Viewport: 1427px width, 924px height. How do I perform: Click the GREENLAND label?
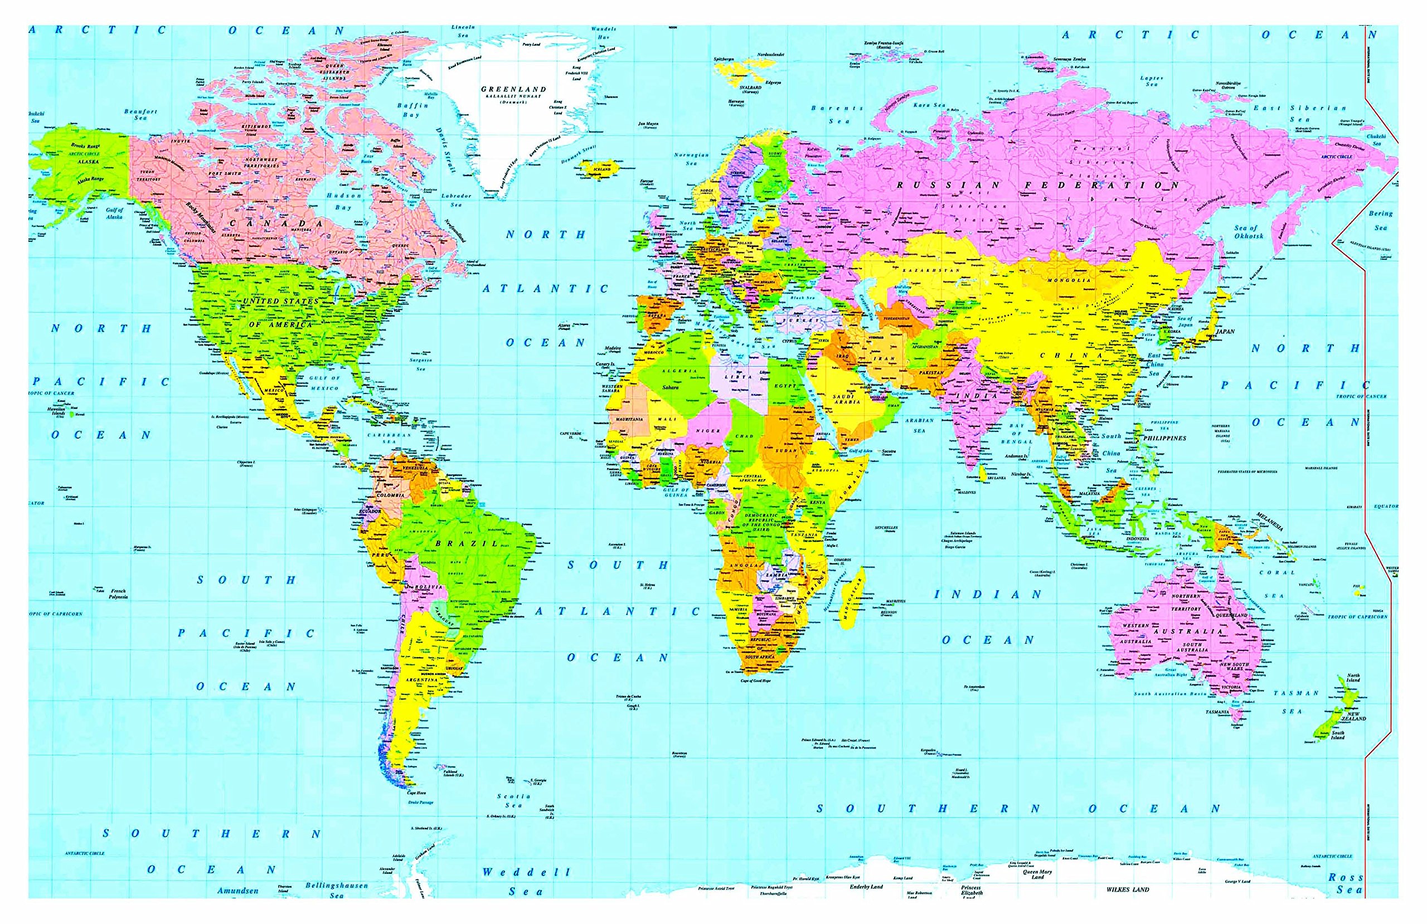pos(513,89)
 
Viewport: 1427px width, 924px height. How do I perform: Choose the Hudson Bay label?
pos(343,202)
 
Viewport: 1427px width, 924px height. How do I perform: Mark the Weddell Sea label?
pos(526,882)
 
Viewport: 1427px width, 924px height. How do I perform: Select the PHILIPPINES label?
pos(1164,437)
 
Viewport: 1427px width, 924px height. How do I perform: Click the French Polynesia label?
pos(119,594)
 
